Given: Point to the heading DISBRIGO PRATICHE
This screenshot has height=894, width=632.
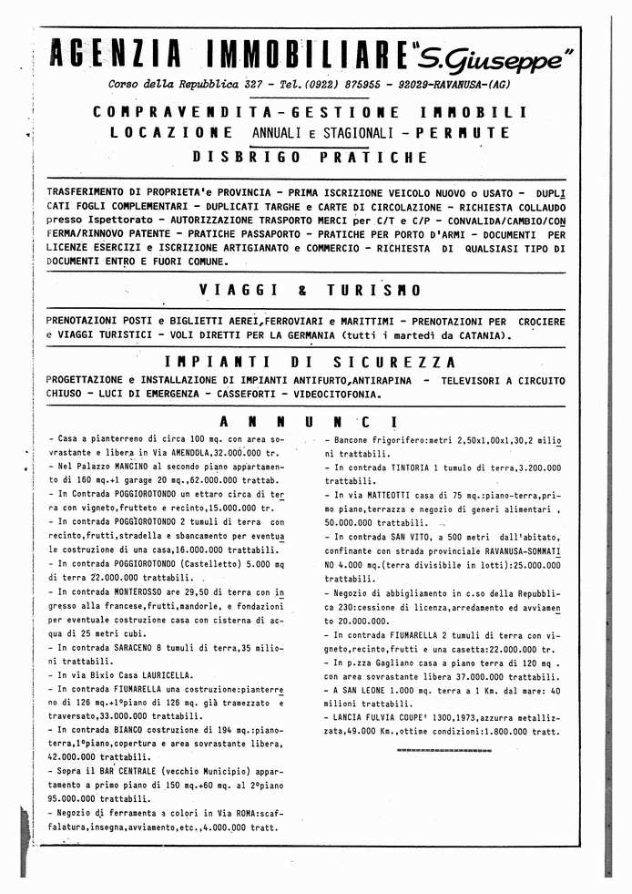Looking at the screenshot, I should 310,157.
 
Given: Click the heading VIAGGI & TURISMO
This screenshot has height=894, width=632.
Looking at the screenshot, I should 310,291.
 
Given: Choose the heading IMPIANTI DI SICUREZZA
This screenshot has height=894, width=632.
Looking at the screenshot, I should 310,361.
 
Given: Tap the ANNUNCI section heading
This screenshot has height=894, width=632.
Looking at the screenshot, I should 310,422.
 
